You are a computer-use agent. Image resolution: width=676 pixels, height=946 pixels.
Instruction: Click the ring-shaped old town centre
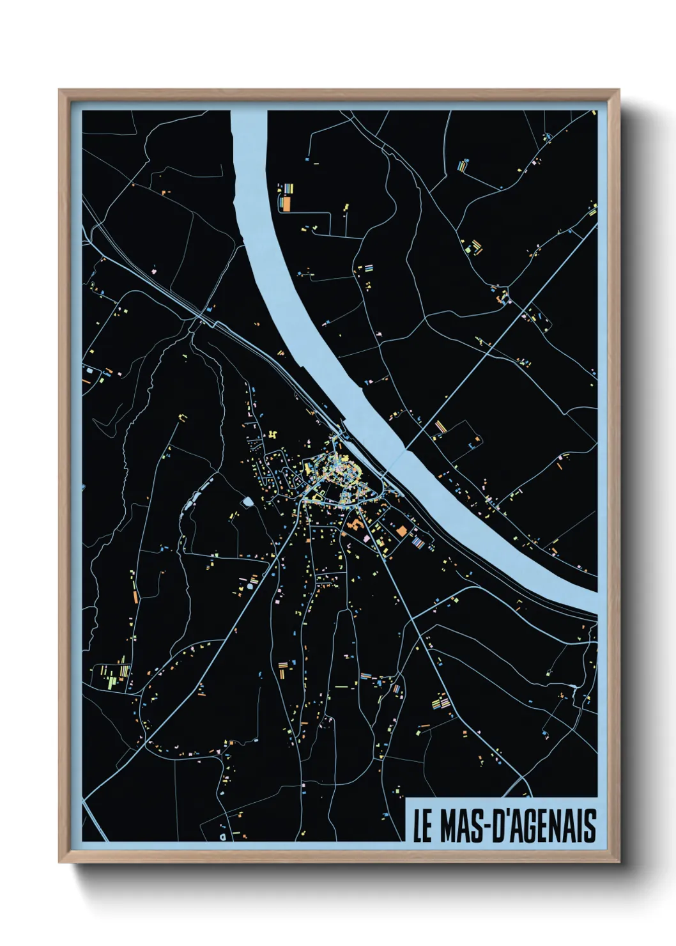tap(335, 479)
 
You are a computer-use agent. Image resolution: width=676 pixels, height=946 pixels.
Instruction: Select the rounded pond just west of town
tap(247, 502)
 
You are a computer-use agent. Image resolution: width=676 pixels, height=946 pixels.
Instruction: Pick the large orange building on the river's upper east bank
tap(287, 203)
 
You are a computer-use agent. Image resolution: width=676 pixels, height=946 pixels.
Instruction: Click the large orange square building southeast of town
tap(401, 531)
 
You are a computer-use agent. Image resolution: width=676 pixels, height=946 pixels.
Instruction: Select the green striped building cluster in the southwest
tap(112, 675)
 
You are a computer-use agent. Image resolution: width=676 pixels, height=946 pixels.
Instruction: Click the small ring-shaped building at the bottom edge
tap(222, 835)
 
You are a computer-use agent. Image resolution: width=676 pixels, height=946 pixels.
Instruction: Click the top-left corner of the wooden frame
tap(60, 91)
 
